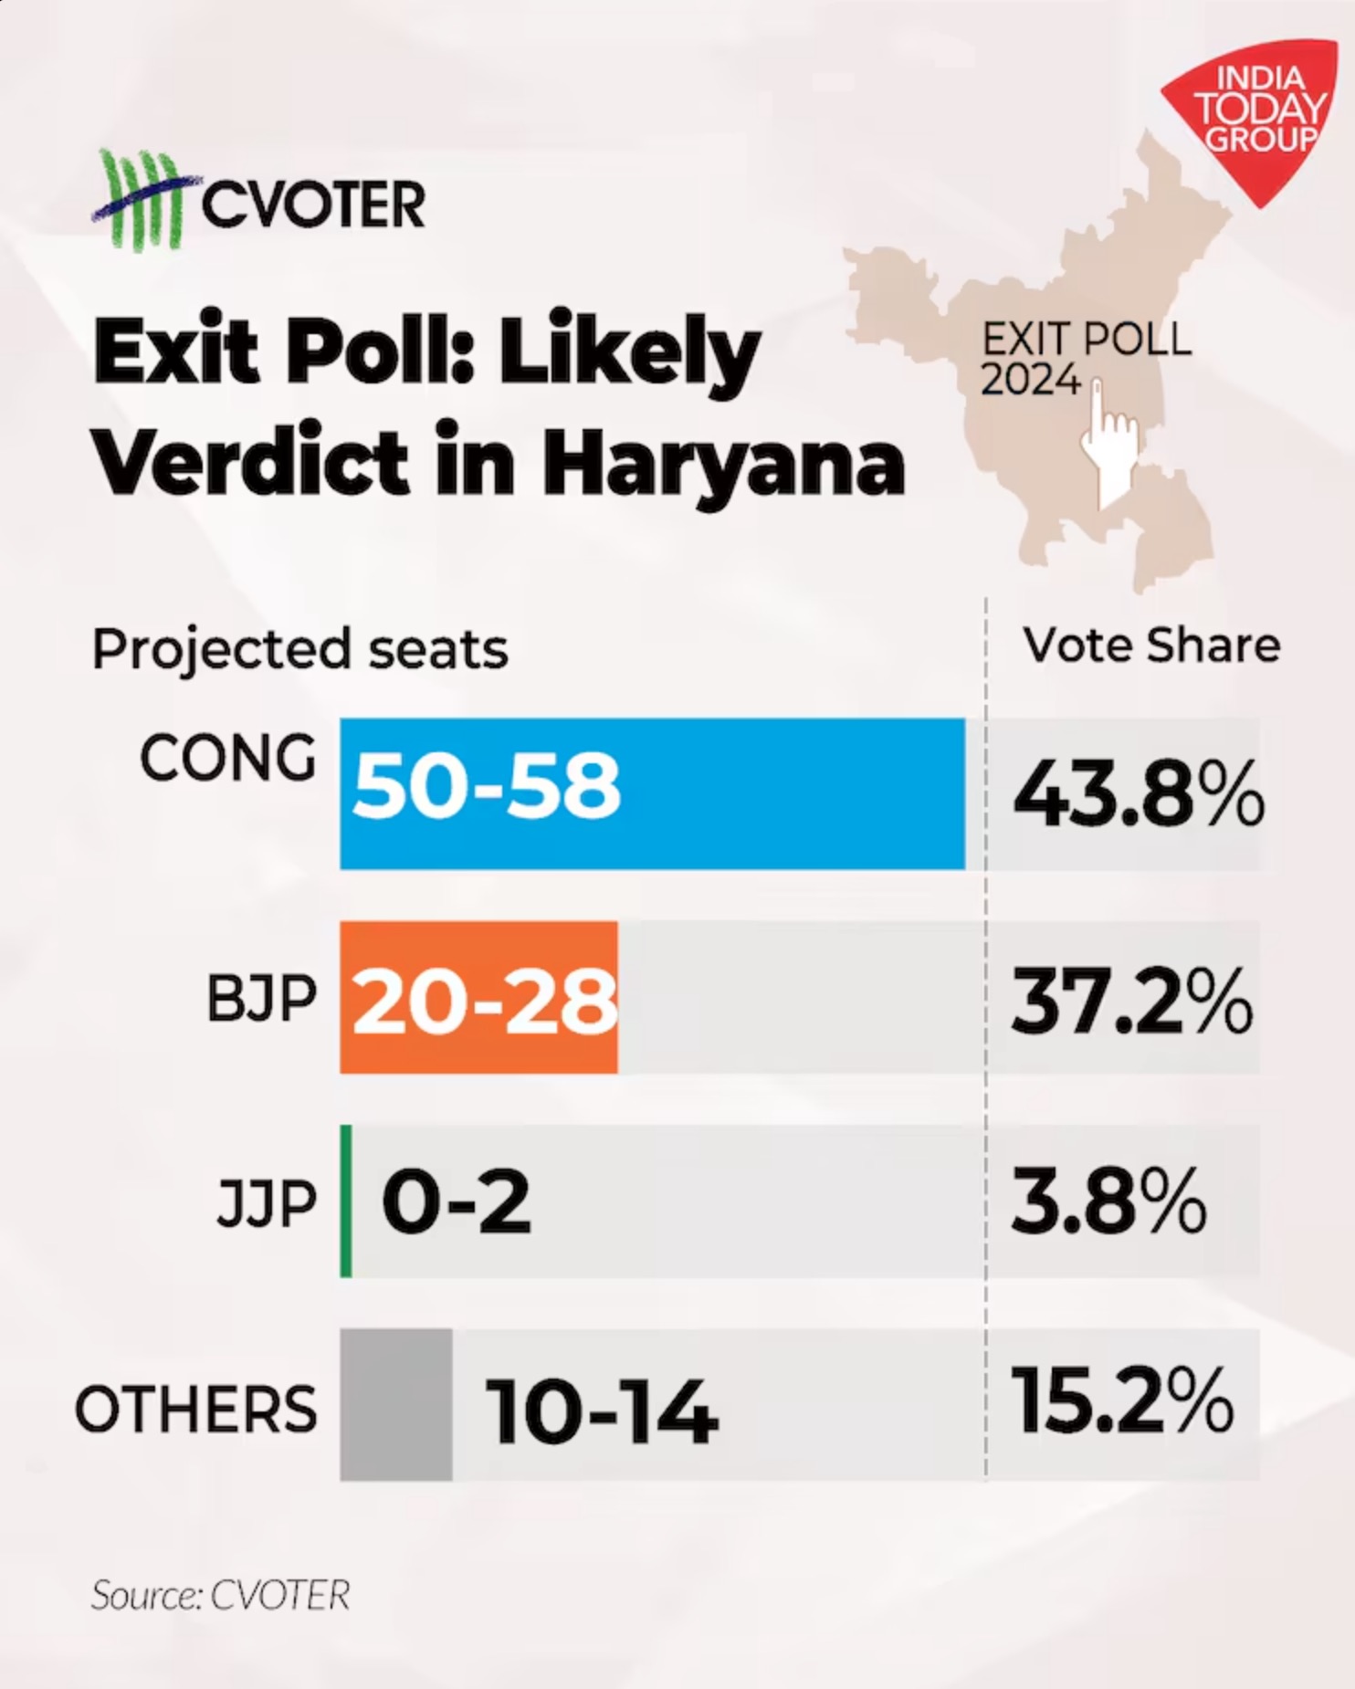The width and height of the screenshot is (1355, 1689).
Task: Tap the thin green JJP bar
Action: [x=346, y=1201]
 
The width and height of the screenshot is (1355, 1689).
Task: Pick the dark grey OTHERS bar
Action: [x=395, y=1404]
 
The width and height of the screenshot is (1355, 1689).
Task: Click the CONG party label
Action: [x=227, y=760]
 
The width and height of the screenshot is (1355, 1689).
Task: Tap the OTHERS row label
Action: [x=195, y=1408]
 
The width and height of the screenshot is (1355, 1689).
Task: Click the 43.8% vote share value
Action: [x=1138, y=794]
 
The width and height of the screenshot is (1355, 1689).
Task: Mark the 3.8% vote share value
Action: [x=1108, y=1201]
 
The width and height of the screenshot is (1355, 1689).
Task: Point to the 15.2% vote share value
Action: [x=1122, y=1401]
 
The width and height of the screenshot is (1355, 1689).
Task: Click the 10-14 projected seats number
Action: [x=602, y=1411]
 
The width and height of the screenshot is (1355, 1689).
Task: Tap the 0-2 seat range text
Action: [x=456, y=1202]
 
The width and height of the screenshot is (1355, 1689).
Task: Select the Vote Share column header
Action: [x=1151, y=645]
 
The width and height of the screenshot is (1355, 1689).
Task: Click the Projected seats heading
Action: [x=299, y=649]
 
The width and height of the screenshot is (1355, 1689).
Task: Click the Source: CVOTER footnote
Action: [x=220, y=1595]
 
